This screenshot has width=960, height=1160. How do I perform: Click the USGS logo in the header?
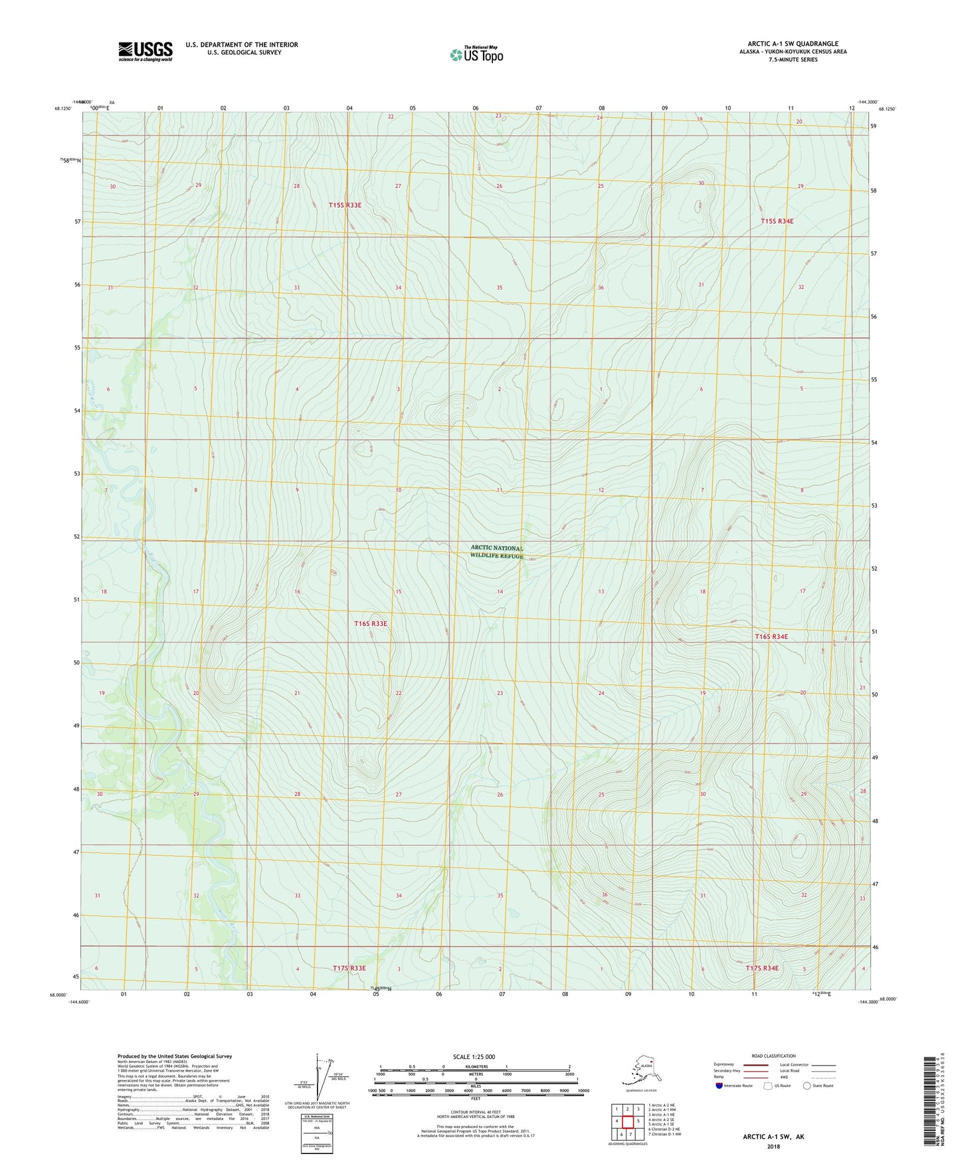145,51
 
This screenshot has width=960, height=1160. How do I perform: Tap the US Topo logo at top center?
476,54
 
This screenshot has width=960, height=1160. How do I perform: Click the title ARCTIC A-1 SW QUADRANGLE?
793,44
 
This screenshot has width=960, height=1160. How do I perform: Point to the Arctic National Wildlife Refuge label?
497,551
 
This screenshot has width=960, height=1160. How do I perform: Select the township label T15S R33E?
345,205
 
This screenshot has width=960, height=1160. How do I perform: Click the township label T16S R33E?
370,624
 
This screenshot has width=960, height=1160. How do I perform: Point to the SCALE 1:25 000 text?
474,1056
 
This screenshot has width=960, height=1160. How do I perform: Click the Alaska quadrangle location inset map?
639,1073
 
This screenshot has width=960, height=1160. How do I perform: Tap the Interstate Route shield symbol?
719,1086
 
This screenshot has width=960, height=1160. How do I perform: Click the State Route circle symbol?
807,1086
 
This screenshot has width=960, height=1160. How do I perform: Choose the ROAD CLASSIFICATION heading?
773,1056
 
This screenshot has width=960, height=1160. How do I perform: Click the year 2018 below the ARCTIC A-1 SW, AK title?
773,1146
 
